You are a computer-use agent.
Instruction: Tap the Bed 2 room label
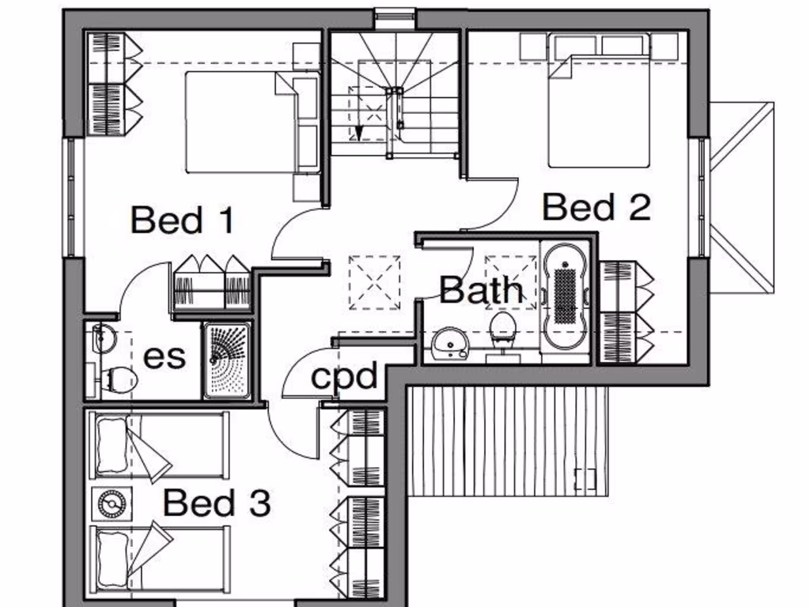click(x=596, y=207)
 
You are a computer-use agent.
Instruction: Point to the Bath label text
click(x=481, y=290)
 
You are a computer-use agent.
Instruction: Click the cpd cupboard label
click(x=344, y=376)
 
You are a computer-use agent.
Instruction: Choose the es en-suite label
click(x=165, y=356)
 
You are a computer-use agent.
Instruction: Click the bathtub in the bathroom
click(x=564, y=294)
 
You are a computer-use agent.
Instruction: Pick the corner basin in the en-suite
click(x=101, y=338)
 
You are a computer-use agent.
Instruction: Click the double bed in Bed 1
click(x=241, y=123)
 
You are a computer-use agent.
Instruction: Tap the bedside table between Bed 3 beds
click(x=112, y=503)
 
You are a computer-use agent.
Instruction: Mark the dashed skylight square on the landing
click(x=374, y=281)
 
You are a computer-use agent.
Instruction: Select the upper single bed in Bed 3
click(x=158, y=446)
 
